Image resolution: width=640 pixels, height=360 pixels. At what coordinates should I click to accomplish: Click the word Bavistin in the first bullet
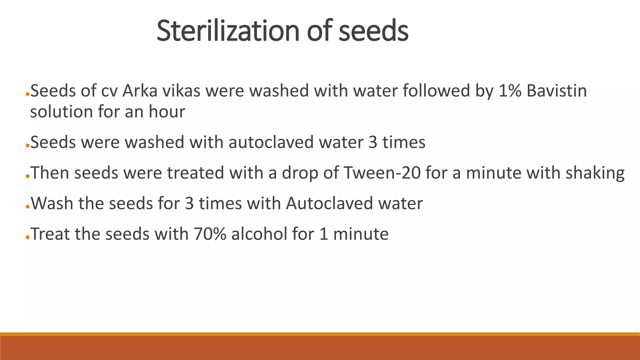(x=557, y=91)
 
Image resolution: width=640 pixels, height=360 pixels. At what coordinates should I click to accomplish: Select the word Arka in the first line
(x=140, y=91)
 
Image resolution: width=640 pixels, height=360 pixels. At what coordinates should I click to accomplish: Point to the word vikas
(x=182, y=91)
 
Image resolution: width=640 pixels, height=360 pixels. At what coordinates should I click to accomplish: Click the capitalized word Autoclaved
(x=329, y=203)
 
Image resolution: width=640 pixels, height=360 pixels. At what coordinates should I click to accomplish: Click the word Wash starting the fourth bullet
(x=52, y=203)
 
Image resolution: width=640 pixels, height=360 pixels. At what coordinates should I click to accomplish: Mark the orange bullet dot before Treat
(x=27, y=237)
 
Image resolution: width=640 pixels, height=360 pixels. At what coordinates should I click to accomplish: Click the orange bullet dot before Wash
(x=27, y=207)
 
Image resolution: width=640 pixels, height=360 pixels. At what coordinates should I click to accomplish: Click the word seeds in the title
(x=373, y=31)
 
